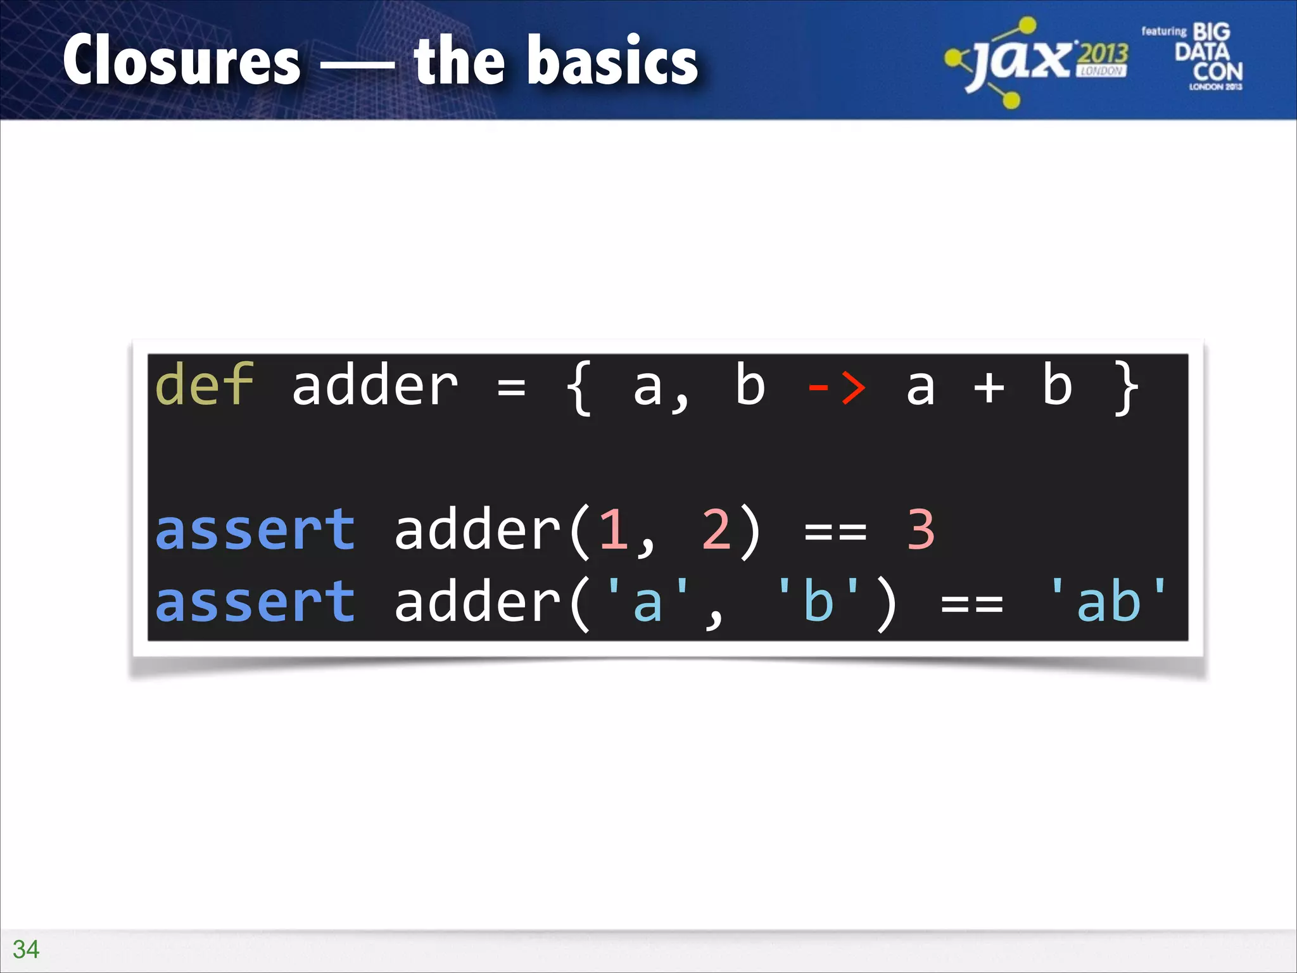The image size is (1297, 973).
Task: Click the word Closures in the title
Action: click(182, 61)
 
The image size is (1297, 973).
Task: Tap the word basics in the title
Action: click(618, 61)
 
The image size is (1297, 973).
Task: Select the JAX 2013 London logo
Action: click(1037, 62)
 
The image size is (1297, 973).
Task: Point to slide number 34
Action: click(26, 949)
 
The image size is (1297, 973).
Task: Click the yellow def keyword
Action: click(204, 385)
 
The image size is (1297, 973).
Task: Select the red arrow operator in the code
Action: click(836, 386)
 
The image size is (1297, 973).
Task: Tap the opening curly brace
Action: click(579, 388)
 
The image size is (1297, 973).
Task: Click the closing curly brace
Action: click(1125, 388)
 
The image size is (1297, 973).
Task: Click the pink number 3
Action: click(920, 530)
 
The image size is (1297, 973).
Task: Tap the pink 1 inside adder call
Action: click(613, 530)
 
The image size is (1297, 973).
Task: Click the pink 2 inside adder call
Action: click(716, 530)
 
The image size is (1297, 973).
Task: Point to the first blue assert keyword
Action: click(255, 530)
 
